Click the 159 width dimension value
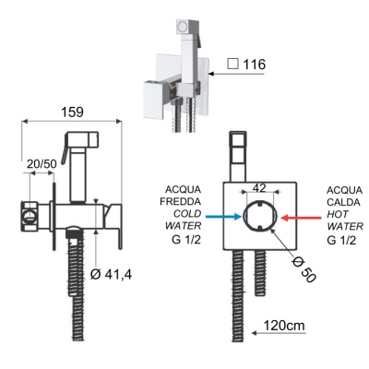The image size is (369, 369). pyautogui.click(x=73, y=112)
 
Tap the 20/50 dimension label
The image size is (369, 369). pyautogui.click(x=42, y=164)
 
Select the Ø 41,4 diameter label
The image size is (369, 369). pyautogui.click(x=112, y=274)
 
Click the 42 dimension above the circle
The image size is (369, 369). pyautogui.click(x=259, y=188)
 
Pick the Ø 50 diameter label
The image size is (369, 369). pyautogui.click(x=304, y=270)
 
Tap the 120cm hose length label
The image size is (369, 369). pyautogui.click(x=284, y=326)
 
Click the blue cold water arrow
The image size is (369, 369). pyautogui.click(x=223, y=217)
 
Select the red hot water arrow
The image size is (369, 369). pyautogui.click(x=301, y=218)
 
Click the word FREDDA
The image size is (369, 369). pyautogui.click(x=181, y=201)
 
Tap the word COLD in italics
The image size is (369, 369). pyautogui.click(x=187, y=213)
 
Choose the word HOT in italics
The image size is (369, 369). pyautogui.click(x=338, y=214)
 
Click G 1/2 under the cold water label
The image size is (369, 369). pyautogui.click(x=186, y=239)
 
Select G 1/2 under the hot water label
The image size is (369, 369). pyautogui.click(x=341, y=240)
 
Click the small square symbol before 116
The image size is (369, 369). pyautogui.click(x=232, y=64)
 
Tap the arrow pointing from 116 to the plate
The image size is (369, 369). pyautogui.click(x=236, y=74)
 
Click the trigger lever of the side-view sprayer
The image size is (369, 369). pyautogui.click(x=65, y=150)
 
